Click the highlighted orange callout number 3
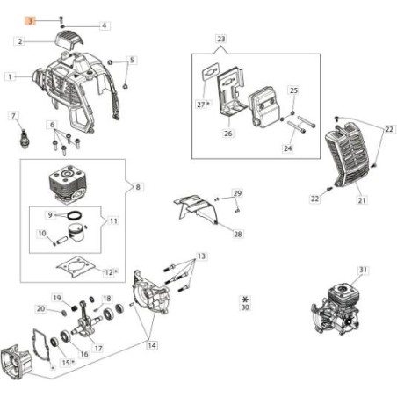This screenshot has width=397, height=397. tap(30, 19)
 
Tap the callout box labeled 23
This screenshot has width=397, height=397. tap(220, 40)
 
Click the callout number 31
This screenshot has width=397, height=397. tap(338, 270)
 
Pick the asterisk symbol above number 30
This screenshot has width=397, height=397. tap(244, 300)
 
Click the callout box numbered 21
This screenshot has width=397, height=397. tap(361, 201)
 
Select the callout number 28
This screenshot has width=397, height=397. tap(239, 235)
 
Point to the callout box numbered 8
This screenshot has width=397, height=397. tap(137, 187)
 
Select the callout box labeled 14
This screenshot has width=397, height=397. tap(152, 346)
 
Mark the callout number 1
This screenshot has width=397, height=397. tap(11, 76)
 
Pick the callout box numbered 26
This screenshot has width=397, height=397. tap(227, 134)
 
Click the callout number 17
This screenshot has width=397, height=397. tap(98, 349)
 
